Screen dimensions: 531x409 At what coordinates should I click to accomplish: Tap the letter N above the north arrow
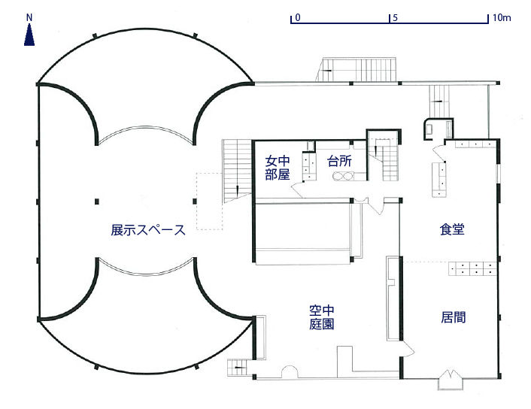(29, 17)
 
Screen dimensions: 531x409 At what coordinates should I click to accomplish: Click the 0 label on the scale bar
(299, 16)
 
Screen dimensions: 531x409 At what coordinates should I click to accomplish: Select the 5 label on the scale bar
(394, 16)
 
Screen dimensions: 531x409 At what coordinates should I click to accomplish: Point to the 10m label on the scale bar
(502, 16)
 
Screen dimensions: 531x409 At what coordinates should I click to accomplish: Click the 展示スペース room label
(148, 230)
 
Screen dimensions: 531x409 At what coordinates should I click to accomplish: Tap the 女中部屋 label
(278, 167)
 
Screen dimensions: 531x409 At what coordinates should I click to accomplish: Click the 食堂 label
(452, 230)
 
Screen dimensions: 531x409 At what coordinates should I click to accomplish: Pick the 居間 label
(453, 317)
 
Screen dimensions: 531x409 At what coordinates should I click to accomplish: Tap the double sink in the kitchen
(343, 177)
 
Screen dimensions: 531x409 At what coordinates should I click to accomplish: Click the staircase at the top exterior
(359, 69)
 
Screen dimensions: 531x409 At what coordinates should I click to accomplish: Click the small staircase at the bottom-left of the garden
(238, 368)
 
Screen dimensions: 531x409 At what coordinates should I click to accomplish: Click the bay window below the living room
(453, 379)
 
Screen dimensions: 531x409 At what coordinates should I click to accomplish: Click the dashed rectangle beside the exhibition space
(211, 201)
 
